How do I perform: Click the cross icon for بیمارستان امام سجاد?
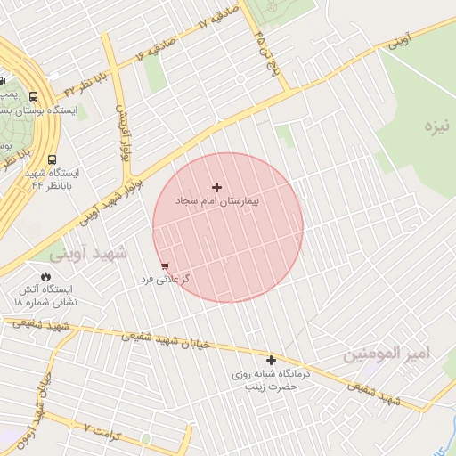(216, 187)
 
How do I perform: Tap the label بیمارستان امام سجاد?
(216, 203)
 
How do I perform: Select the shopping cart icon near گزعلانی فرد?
(165, 265)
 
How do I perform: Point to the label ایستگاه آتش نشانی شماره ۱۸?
(45, 296)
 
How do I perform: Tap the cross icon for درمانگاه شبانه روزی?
(271, 360)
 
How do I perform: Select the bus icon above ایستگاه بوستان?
(33, 97)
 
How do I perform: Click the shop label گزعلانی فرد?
(164, 280)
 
